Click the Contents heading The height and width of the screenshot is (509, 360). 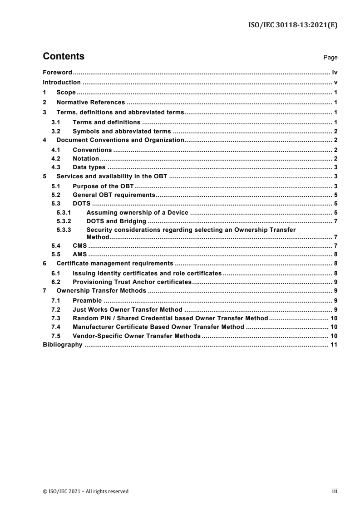[x=63, y=57]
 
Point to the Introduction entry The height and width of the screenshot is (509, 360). [x=62, y=83]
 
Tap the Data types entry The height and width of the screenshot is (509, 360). [x=89, y=167]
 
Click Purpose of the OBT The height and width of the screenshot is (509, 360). [x=102, y=186]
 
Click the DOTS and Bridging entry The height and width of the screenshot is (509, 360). [x=116, y=221]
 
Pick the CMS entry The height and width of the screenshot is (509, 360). [x=79, y=245]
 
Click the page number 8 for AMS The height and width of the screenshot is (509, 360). [x=335, y=254]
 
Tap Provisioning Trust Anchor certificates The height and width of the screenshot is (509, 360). [x=132, y=281]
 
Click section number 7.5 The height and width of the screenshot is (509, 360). [x=56, y=336]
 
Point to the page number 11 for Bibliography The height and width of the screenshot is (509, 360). [x=334, y=345]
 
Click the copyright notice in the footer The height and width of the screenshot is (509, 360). [x=86, y=491]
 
